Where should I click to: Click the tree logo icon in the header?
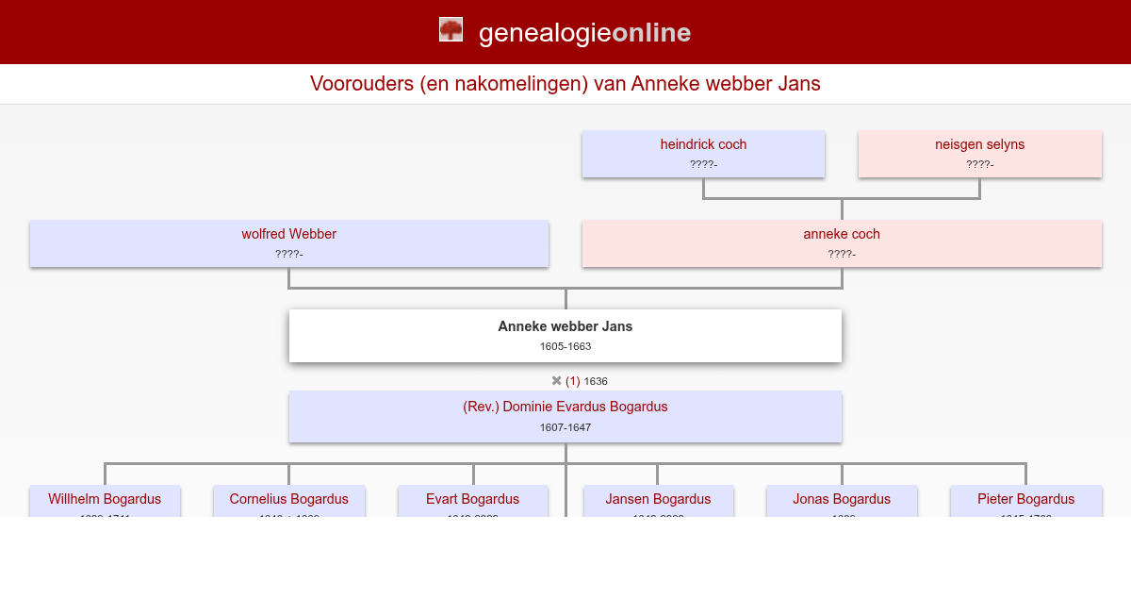[451, 30]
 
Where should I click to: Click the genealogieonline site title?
[584, 33]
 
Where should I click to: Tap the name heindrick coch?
[703, 144]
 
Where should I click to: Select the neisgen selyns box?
[979, 154]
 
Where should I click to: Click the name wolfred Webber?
[288, 234]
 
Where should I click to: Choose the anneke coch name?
[842, 234]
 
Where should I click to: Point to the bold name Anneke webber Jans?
[565, 326]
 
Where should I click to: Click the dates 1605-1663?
[565, 346]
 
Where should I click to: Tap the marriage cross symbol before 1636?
[557, 381]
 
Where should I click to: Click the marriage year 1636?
[596, 381]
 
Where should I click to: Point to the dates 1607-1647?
[565, 427]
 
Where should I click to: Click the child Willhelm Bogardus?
[105, 499]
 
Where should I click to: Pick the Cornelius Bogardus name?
[288, 499]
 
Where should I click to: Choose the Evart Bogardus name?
[472, 499]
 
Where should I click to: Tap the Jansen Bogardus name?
[658, 499]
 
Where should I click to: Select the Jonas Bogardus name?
[842, 499]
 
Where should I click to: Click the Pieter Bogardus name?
[1025, 499]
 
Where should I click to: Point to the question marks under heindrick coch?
[703, 164]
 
